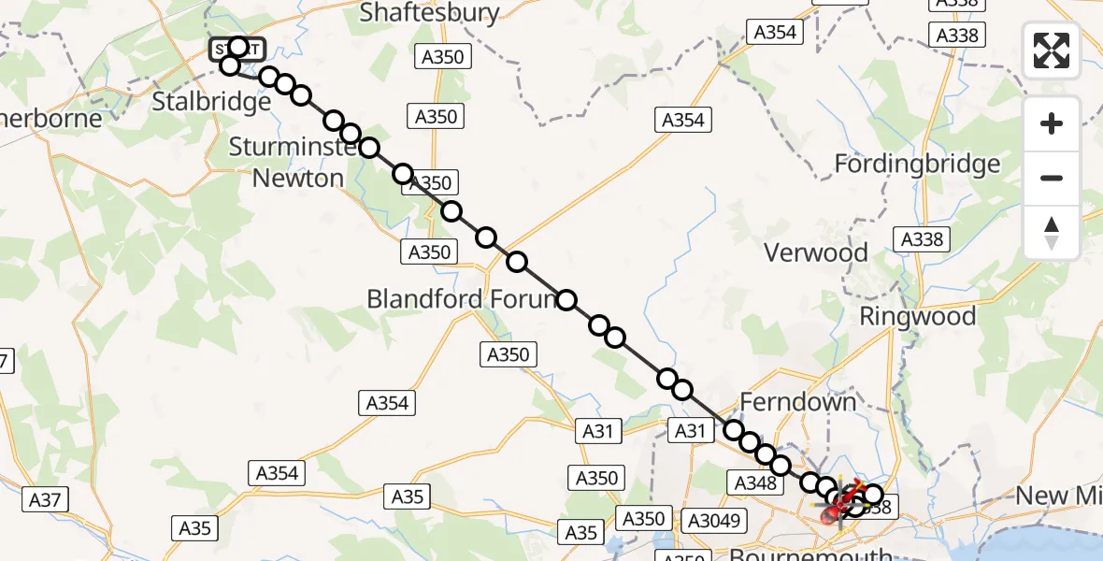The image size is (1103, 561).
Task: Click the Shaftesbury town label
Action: pyautogui.click(x=429, y=12)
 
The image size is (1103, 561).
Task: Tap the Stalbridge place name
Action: pyautogui.click(x=211, y=101)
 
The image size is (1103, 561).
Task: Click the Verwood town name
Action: pyautogui.click(x=816, y=252)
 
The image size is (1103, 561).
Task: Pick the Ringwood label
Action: pyautogui.click(x=917, y=316)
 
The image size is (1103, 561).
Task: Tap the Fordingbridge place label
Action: pyautogui.click(x=917, y=165)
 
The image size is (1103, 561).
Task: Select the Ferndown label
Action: pyautogui.click(x=797, y=402)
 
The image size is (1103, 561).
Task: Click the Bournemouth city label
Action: pyautogui.click(x=809, y=554)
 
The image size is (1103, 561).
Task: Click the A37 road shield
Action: pyautogui.click(x=44, y=500)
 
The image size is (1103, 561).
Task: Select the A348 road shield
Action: pyautogui.click(x=755, y=482)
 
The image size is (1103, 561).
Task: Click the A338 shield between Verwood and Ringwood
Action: pyautogui.click(x=922, y=239)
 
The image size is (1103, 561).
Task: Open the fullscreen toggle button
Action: pyautogui.click(x=1052, y=50)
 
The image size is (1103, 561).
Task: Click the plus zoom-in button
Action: pyautogui.click(x=1052, y=123)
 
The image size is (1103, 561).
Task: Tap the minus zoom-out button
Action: pyautogui.click(x=1052, y=178)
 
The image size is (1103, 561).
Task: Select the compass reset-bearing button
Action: pyautogui.click(x=1052, y=232)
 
